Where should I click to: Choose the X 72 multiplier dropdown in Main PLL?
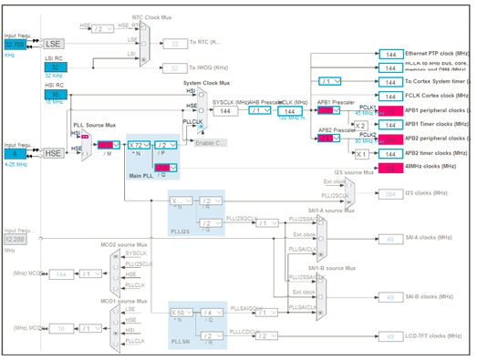click(x=138, y=145)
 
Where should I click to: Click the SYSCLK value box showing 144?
click(x=225, y=110)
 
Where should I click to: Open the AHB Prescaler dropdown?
click(x=259, y=110)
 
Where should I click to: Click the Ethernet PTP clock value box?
click(x=390, y=55)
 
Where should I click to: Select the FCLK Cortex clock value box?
click(x=390, y=95)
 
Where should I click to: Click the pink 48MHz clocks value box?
click(x=390, y=167)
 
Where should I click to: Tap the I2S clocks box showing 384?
click(x=390, y=194)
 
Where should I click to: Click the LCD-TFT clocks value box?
click(x=390, y=336)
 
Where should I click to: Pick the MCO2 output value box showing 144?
click(x=62, y=273)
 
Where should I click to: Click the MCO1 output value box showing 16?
click(x=62, y=328)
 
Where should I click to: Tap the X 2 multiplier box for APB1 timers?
click(x=361, y=125)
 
